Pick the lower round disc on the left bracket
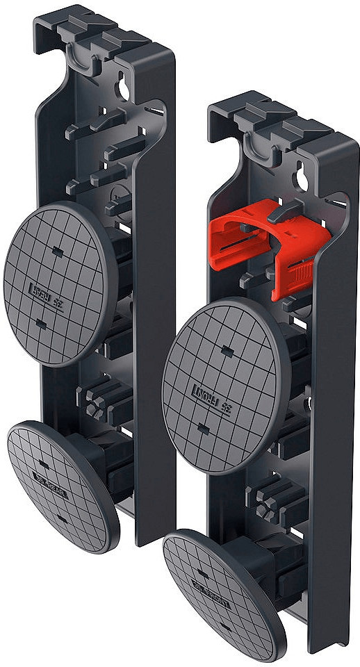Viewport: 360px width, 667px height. coord(63,486)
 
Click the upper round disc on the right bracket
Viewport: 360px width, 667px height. coord(222,386)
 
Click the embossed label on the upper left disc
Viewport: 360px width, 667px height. coord(42,286)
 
